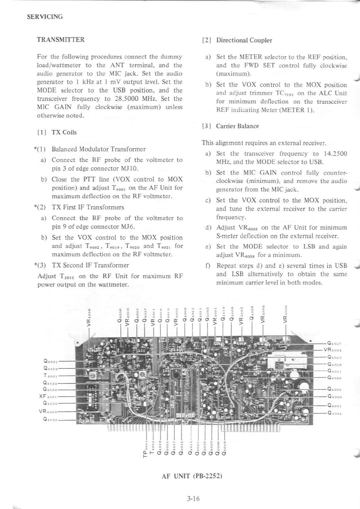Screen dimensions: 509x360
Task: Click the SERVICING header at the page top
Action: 45,17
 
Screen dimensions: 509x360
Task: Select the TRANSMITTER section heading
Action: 61,40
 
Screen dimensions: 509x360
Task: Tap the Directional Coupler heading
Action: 244,40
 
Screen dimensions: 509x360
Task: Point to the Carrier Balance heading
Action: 237,126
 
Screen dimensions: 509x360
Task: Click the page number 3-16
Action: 193,499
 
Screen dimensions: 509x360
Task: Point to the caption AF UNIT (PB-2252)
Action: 192,476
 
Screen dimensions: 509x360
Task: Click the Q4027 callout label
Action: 334,344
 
